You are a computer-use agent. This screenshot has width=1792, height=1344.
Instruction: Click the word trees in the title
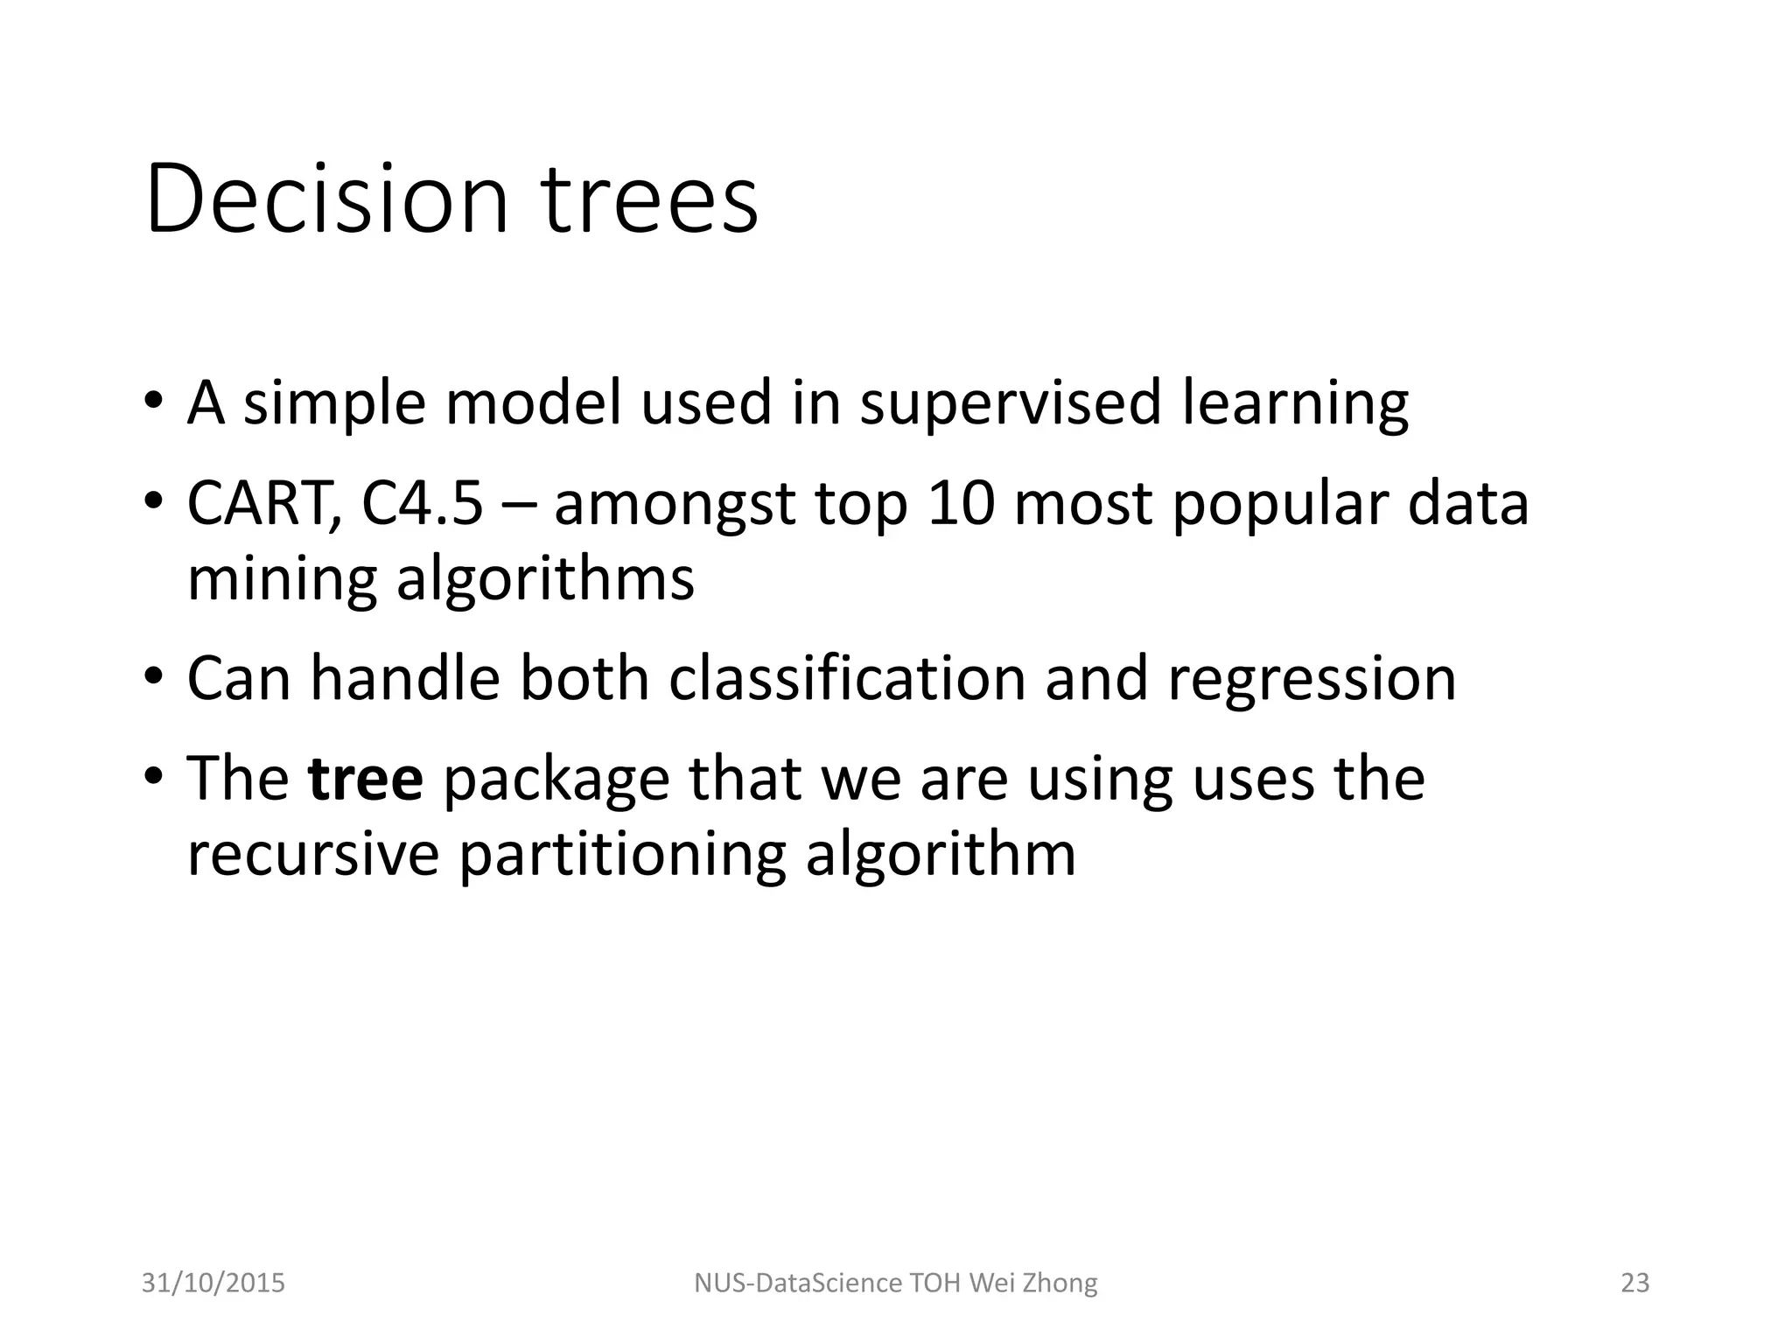pyautogui.click(x=648, y=199)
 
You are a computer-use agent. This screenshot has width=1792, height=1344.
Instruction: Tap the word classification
pyautogui.click(x=846, y=678)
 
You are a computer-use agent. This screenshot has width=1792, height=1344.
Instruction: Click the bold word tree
pyautogui.click(x=366, y=778)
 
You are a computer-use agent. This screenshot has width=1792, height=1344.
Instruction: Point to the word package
pyautogui.click(x=556, y=780)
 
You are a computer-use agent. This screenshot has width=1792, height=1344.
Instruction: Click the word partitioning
pyautogui.click(x=622, y=855)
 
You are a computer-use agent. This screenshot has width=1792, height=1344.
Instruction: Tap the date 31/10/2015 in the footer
pyautogui.click(x=213, y=1283)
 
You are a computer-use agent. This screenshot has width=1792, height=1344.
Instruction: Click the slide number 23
pyautogui.click(x=1634, y=1283)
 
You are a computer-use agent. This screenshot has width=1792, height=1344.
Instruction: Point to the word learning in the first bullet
pyautogui.click(x=1295, y=404)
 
